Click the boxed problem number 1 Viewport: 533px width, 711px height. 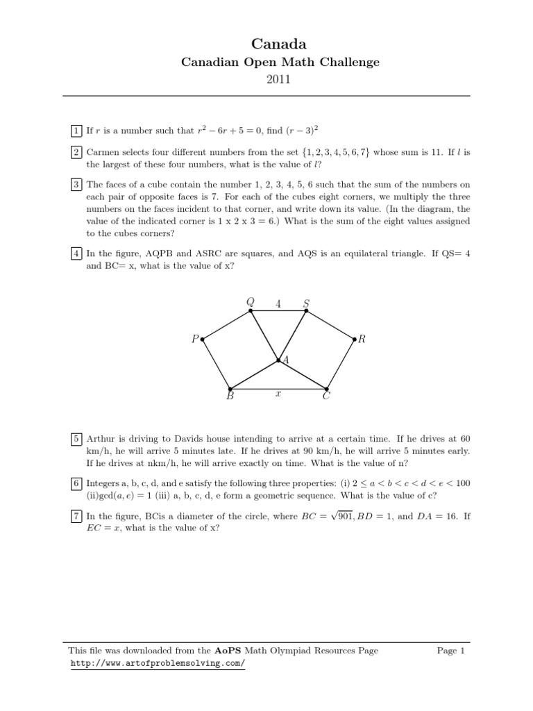pyautogui.click(x=75, y=130)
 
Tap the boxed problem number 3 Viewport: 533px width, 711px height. pyautogui.click(x=75, y=184)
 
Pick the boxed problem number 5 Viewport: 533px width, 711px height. pyautogui.click(x=75, y=439)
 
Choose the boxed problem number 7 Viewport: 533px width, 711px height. pyautogui.click(x=75, y=516)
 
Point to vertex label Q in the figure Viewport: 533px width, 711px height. pyautogui.click(x=251, y=301)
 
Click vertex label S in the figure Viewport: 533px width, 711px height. pyautogui.click(x=306, y=303)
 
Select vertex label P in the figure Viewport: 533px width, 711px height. pyautogui.click(x=196, y=340)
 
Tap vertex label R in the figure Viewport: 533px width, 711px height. pyautogui.click(x=362, y=340)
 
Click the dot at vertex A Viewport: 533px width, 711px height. pyautogui.click(x=278, y=360)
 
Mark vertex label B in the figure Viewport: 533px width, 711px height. pyautogui.click(x=230, y=397)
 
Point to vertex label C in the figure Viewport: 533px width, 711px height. pyautogui.click(x=326, y=397)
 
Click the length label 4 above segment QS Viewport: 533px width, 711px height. pyautogui.click(x=278, y=303)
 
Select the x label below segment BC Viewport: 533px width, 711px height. pyautogui.click(x=278, y=393)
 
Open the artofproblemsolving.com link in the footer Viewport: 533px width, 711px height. pyautogui.click(x=158, y=663)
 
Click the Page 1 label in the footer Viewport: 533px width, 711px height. pyautogui.click(x=450, y=651)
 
